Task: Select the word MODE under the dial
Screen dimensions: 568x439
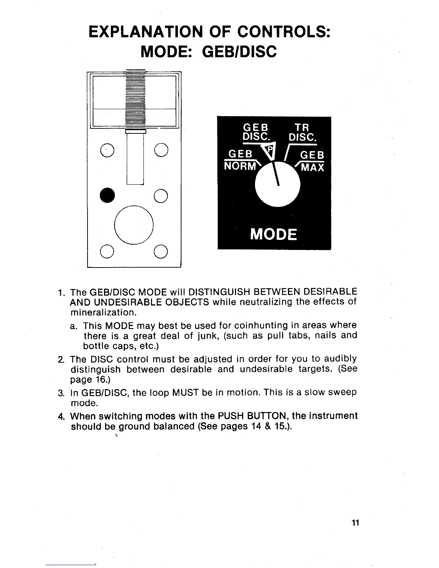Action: (x=274, y=235)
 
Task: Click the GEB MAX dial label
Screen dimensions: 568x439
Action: (x=311, y=161)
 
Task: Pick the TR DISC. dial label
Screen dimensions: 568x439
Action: (x=302, y=132)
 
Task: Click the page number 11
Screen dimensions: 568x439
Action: (x=355, y=523)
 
